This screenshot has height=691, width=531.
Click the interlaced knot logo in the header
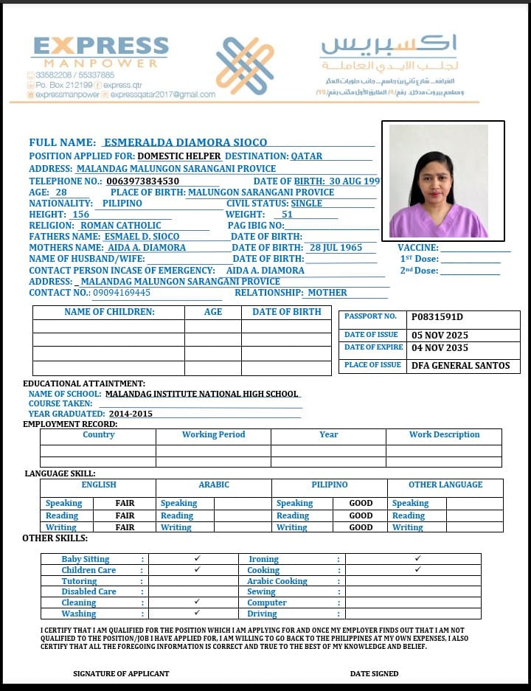(x=244, y=66)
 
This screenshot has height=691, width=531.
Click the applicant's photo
(x=439, y=181)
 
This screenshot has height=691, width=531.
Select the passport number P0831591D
(x=437, y=317)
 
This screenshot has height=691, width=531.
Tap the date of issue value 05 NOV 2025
(x=440, y=336)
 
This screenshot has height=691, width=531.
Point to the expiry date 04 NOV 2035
(x=440, y=348)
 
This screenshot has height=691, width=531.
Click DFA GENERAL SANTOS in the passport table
(x=460, y=366)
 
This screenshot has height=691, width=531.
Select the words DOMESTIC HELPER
(x=179, y=156)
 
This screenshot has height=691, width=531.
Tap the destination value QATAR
(x=306, y=156)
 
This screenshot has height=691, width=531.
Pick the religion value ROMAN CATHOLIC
(x=120, y=226)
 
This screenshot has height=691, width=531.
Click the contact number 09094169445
(x=122, y=293)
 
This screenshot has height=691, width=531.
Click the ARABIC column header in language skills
(x=214, y=485)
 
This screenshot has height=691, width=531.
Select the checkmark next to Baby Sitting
(x=197, y=559)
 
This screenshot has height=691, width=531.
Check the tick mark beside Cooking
(x=417, y=570)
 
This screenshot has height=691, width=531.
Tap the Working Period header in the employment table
(x=213, y=435)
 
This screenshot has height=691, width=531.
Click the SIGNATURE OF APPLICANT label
(x=121, y=673)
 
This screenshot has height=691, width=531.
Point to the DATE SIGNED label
(x=374, y=673)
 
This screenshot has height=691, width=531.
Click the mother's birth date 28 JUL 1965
(x=336, y=248)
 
